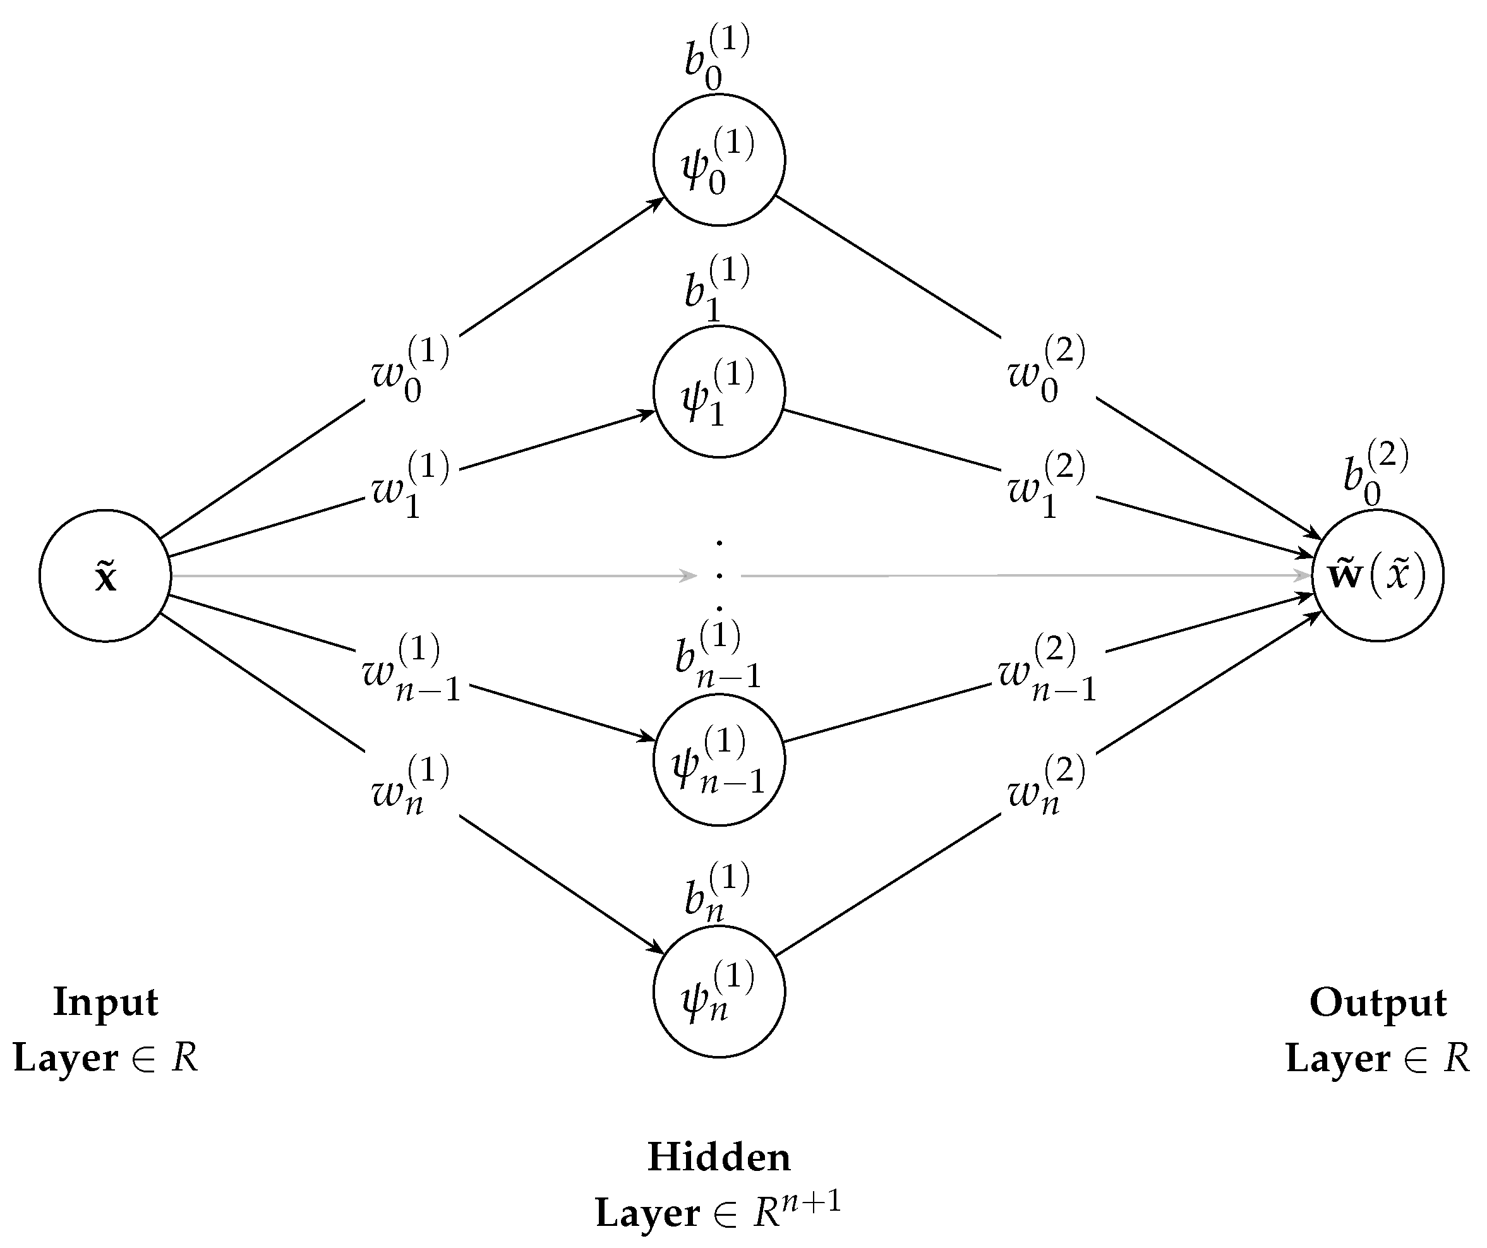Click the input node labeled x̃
[105, 576]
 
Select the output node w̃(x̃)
[1377, 576]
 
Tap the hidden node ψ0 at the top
[719, 160]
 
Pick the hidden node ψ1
[719, 392]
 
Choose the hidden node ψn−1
[719, 760]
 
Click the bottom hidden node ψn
[719, 992]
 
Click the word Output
[1378, 1002]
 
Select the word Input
[105, 1002]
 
